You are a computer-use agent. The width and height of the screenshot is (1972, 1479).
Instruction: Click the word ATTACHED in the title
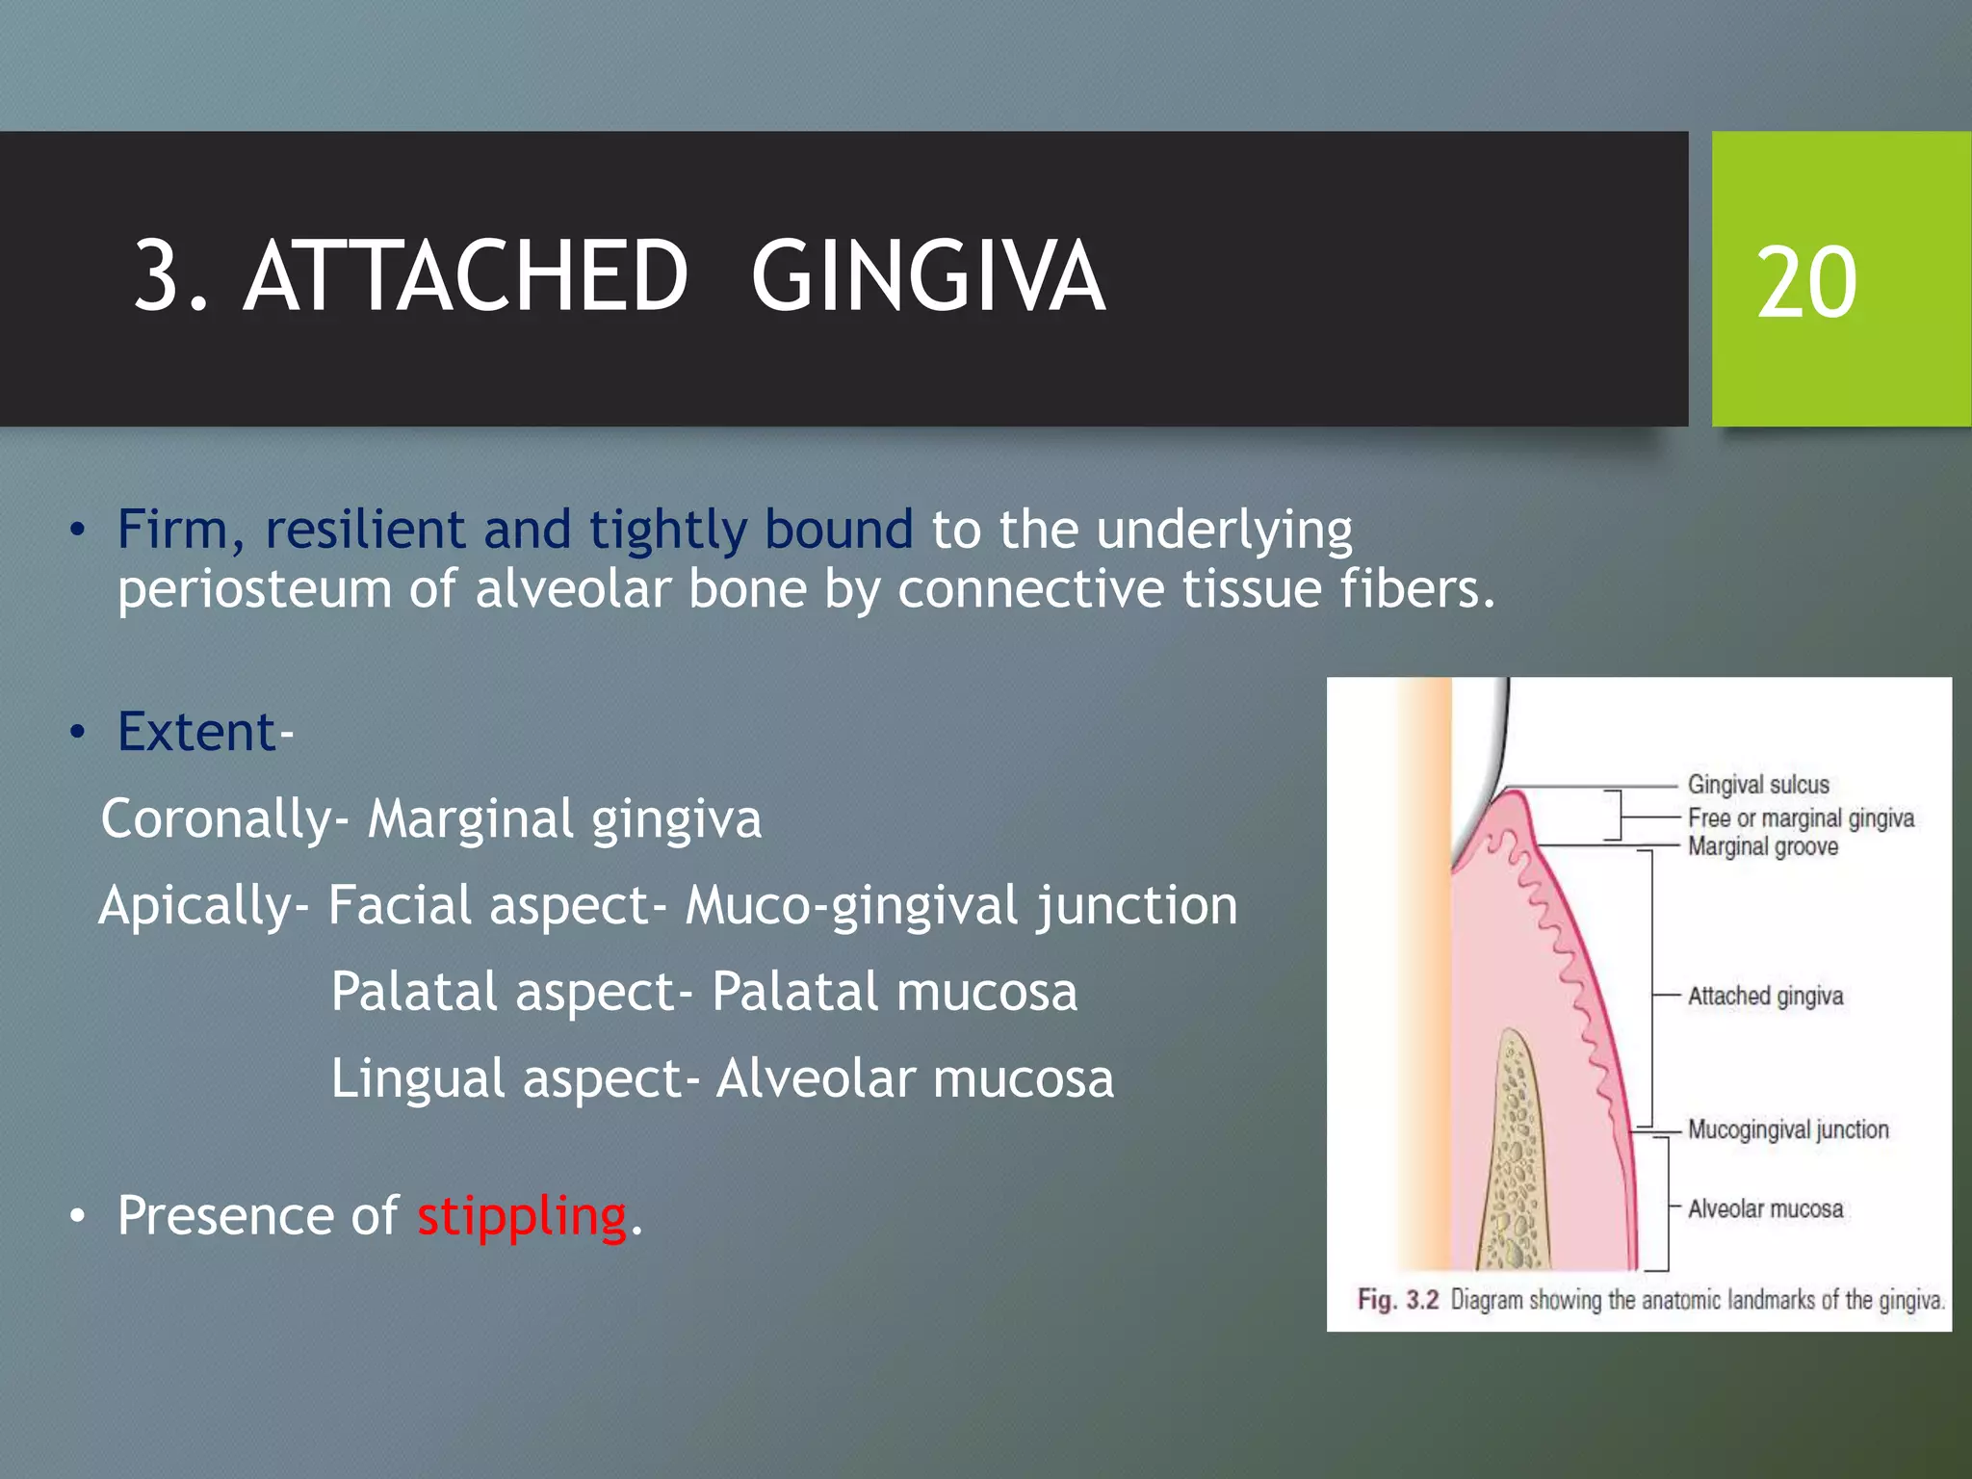point(466,277)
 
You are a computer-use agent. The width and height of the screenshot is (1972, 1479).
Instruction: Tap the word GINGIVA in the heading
point(928,277)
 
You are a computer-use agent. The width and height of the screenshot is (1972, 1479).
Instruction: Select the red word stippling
point(522,1215)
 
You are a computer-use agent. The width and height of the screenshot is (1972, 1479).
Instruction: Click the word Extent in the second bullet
point(197,732)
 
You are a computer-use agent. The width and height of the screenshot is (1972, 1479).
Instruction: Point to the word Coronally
point(216,819)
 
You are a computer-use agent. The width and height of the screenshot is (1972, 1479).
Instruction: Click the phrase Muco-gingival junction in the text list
point(961,906)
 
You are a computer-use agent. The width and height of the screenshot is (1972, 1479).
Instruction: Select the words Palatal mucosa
point(895,992)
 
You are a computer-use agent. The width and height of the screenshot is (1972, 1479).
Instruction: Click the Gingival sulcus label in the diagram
point(1758,785)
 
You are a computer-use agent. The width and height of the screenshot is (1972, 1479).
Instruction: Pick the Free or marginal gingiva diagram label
point(1801,818)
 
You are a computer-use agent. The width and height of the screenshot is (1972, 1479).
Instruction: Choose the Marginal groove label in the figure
point(1763,847)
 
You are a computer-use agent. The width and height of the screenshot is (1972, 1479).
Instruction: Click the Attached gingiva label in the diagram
point(1765,996)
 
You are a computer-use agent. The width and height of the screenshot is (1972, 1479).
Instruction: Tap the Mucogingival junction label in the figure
point(1788,1129)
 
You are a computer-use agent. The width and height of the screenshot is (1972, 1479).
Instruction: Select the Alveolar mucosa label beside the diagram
point(1765,1209)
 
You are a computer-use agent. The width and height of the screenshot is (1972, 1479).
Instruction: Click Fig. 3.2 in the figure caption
point(1397,1300)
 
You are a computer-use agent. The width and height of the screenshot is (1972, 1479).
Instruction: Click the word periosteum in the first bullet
point(254,589)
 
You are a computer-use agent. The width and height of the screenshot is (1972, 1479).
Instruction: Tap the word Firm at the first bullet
point(173,530)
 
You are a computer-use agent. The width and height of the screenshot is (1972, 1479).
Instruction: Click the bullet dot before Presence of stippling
point(77,1217)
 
